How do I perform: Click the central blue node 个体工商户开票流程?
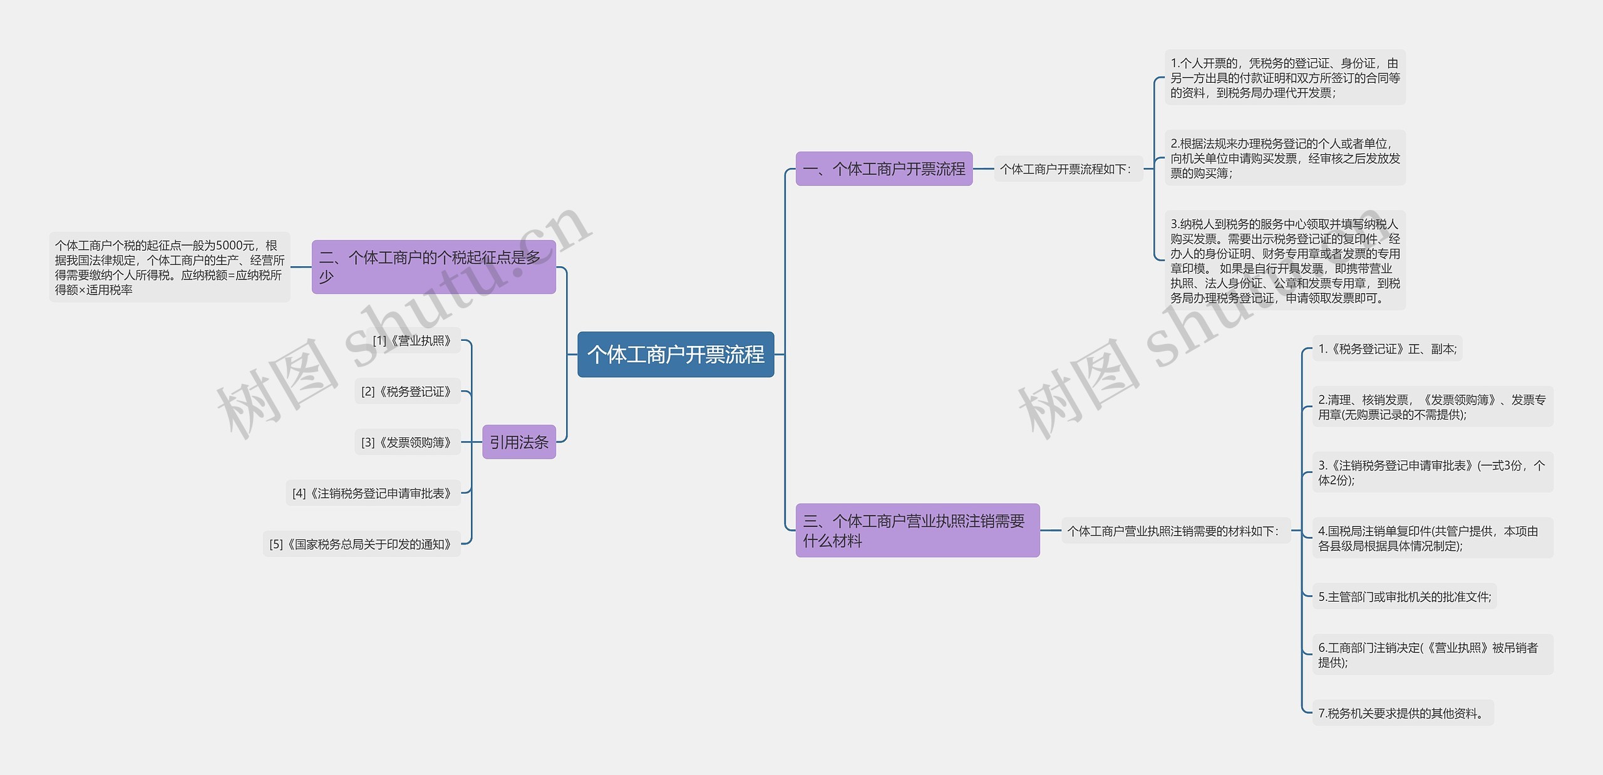pos(676,355)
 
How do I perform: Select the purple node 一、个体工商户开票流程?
pos(884,169)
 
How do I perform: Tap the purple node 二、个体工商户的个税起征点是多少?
pos(433,267)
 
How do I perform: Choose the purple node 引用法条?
pos(518,442)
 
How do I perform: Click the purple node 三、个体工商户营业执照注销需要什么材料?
pos(917,531)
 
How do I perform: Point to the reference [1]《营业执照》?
pos(412,341)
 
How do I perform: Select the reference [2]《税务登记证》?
pos(406,392)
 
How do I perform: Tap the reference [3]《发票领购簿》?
pos(406,442)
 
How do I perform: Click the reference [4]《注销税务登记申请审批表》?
pos(372,494)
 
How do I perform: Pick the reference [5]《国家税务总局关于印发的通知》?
pos(361,544)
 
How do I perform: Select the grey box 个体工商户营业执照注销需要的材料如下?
pos(1173,531)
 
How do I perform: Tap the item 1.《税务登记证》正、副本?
pos(1387,349)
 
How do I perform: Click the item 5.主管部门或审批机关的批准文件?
pos(1405,597)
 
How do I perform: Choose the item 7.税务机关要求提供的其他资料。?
pos(1402,714)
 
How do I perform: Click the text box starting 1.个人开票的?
pos(1284,78)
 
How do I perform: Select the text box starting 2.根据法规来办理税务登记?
pos(1284,159)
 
